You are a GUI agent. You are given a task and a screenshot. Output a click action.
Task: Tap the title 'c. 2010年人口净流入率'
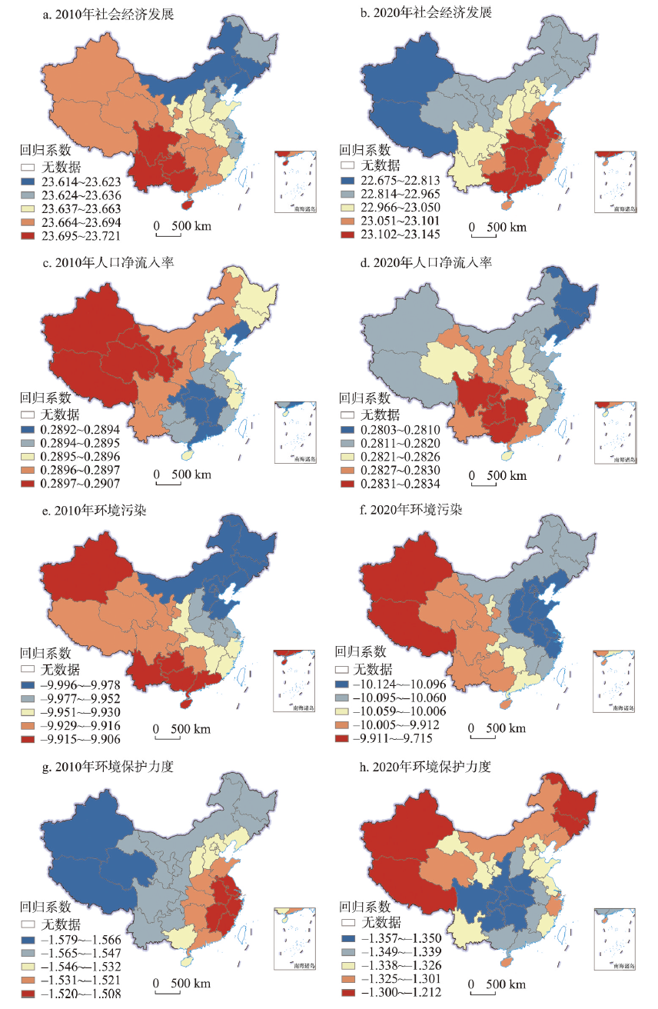(x=108, y=263)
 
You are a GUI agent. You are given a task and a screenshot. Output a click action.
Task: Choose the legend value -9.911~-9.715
(x=397, y=738)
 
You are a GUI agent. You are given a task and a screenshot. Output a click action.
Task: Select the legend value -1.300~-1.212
(x=397, y=991)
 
